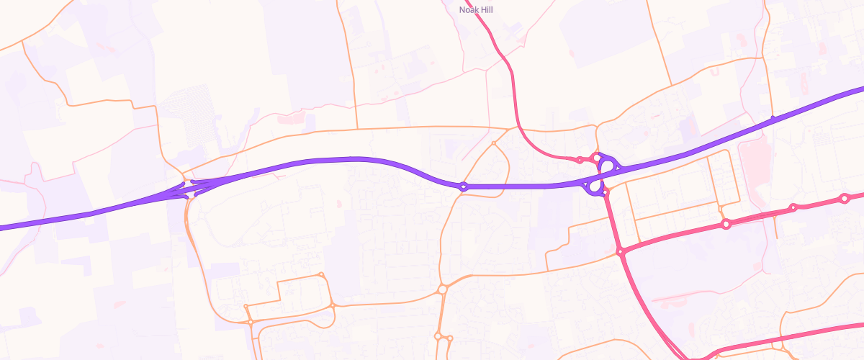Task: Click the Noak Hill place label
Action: (476, 9)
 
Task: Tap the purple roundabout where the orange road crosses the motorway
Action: (463, 186)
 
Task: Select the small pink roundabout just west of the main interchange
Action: (580, 160)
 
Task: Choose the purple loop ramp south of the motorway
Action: (594, 187)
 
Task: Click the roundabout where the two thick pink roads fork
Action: (620, 251)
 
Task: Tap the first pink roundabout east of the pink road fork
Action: (726, 225)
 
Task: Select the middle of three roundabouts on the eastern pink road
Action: (793, 208)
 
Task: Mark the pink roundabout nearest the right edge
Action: (844, 198)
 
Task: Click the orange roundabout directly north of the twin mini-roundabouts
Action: (442, 289)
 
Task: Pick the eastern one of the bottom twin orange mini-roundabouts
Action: (450, 338)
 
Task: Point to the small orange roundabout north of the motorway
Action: (494, 144)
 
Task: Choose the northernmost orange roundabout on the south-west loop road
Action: (321, 274)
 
